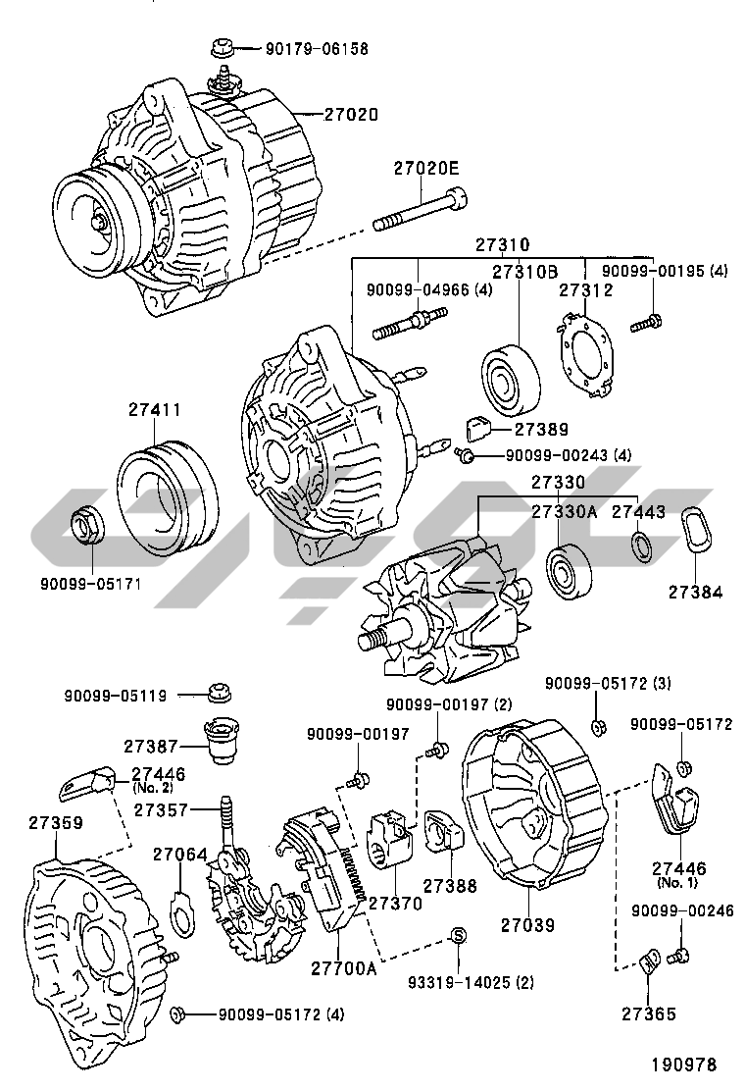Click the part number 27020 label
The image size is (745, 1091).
(349, 115)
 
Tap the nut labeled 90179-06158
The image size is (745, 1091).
(221, 46)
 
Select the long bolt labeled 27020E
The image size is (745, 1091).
(422, 212)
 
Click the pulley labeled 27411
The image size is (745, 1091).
(169, 499)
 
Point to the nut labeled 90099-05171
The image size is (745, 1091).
(90, 527)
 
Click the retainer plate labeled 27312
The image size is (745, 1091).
(583, 353)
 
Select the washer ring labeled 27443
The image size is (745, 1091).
(640, 546)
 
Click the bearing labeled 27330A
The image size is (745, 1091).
(566, 573)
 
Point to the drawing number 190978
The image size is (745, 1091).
(684, 1064)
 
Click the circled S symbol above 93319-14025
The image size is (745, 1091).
(456, 934)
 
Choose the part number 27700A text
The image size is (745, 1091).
(344, 969)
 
